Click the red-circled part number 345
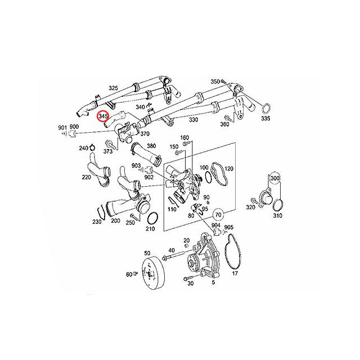pyautogui.click(x=103, y=117)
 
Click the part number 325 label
pyautogui.click(x=113, y=88)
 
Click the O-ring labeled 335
pyautogui.click(x=267, y=108)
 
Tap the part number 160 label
pyautogui.click(x=184, y=138)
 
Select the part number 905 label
pyautogui.click(x=228, y=227)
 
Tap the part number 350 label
pyautogui.click(x=214, y=82)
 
